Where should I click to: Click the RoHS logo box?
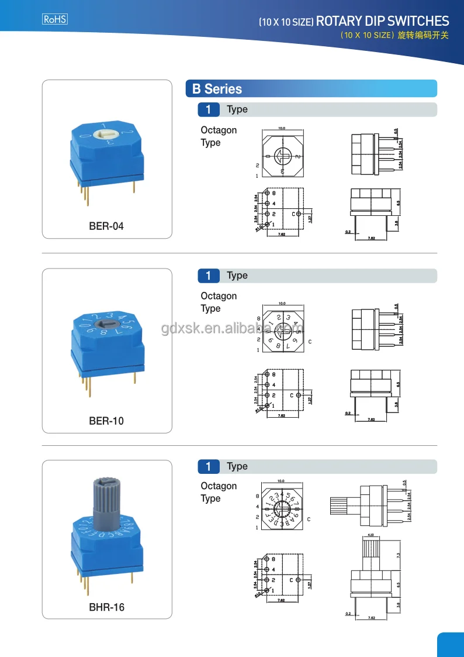click(56, 19)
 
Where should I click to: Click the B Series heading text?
click(217, 89)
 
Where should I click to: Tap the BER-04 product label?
click(106, 226)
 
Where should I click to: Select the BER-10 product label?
click(106, 421)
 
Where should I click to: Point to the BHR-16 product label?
click(106, 607)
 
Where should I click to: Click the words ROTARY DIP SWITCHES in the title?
click(382, 22)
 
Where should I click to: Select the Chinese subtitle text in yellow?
click(394, 36)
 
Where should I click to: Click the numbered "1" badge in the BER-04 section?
click(209, 109)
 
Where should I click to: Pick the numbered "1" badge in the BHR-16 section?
click(209, 466)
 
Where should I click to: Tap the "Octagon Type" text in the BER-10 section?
click(219, 302)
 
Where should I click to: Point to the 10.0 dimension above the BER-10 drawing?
click(282, 304)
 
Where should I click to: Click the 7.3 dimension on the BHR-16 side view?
click(397, 555)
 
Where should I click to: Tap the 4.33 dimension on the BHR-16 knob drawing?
click(370, 535)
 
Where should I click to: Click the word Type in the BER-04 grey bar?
click(237, 109)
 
